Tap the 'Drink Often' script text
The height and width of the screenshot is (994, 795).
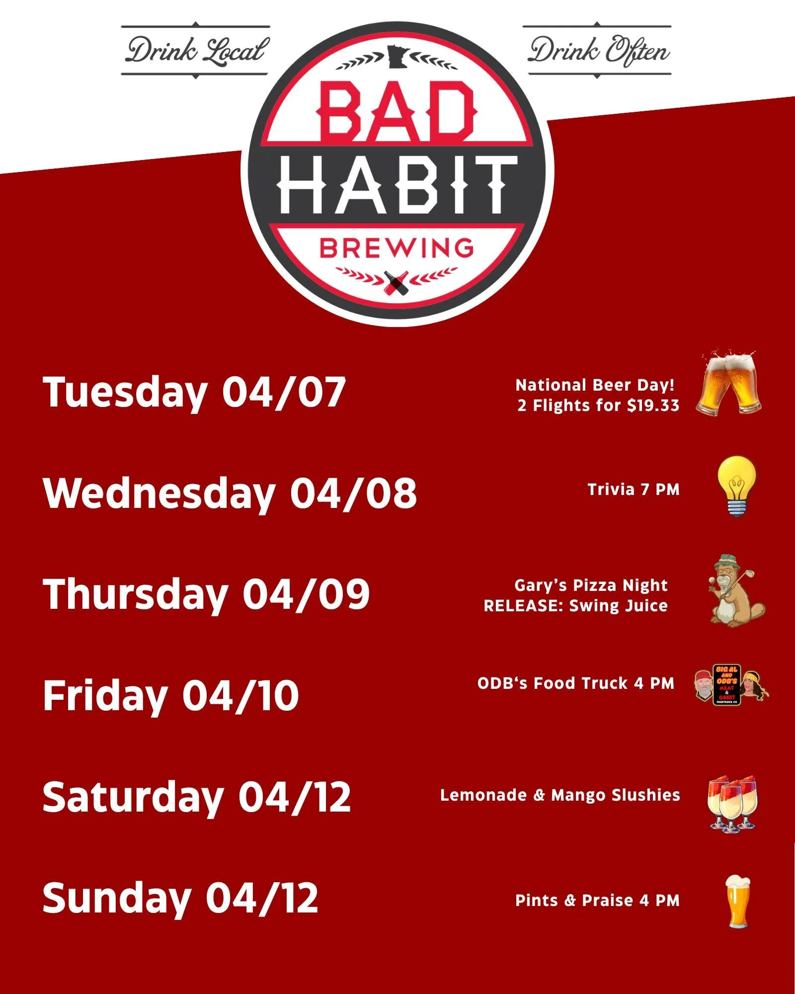pos(599,51)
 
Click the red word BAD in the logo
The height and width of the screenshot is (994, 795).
pos(396,112)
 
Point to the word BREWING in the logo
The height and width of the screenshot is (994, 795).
pos(396,248)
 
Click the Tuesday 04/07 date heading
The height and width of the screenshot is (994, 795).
pos(194,392)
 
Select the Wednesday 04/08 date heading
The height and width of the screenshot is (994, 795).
pos(230,493)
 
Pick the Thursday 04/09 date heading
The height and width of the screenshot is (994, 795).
pos(206,594)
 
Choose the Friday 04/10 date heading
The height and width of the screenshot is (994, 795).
pos(170,695)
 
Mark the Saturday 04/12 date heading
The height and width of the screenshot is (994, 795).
pos(196,797)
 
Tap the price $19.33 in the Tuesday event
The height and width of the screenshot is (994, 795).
pos(653,406)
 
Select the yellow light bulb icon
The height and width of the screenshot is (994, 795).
pos(737,486)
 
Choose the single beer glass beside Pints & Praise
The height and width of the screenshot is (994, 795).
pos(737,901)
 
